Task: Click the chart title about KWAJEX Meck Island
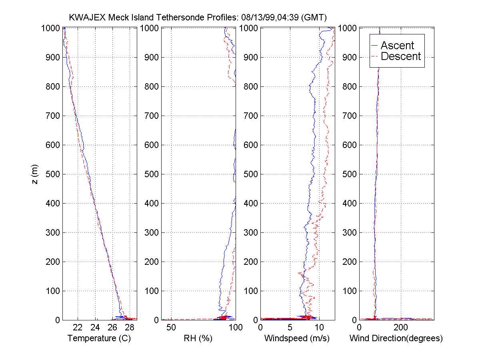198,18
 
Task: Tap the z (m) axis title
35,174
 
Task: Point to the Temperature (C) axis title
99,338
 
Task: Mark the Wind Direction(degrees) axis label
396,338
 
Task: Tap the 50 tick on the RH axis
171,328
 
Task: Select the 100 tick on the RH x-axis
235,328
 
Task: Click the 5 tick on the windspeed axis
290,328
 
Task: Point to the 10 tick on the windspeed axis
319,328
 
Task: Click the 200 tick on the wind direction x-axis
401,328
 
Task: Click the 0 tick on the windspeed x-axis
261,328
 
